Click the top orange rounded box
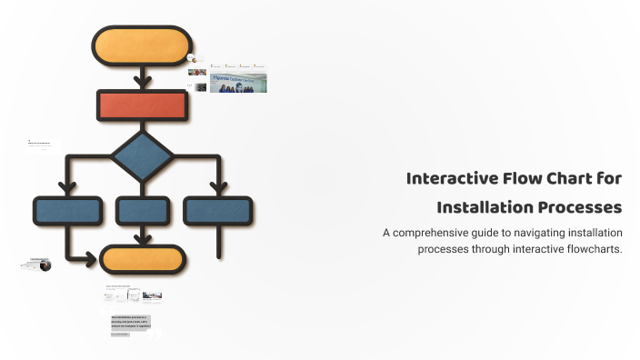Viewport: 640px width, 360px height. (x=141, y=45)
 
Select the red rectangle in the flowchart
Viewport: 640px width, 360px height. (x=142, y=106)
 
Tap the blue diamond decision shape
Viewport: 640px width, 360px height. (x=142, y=155)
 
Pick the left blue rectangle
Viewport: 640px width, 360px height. (x=67, y=211)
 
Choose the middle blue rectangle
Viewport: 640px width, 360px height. (x=144, y=211)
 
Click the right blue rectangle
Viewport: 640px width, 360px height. (x=218, y=211)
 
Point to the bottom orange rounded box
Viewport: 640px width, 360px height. (x=144, y=260)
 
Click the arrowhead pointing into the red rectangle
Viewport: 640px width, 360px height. (x=142, y=84)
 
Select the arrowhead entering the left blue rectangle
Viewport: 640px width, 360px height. (x=67, y=189)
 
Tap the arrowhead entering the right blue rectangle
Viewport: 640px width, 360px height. (x=218, y=189)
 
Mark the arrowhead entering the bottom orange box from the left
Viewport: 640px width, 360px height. (x=91, y=260)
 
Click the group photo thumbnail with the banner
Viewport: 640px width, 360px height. (x=238, y=83)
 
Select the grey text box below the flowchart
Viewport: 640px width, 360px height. (x=130, y=323)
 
